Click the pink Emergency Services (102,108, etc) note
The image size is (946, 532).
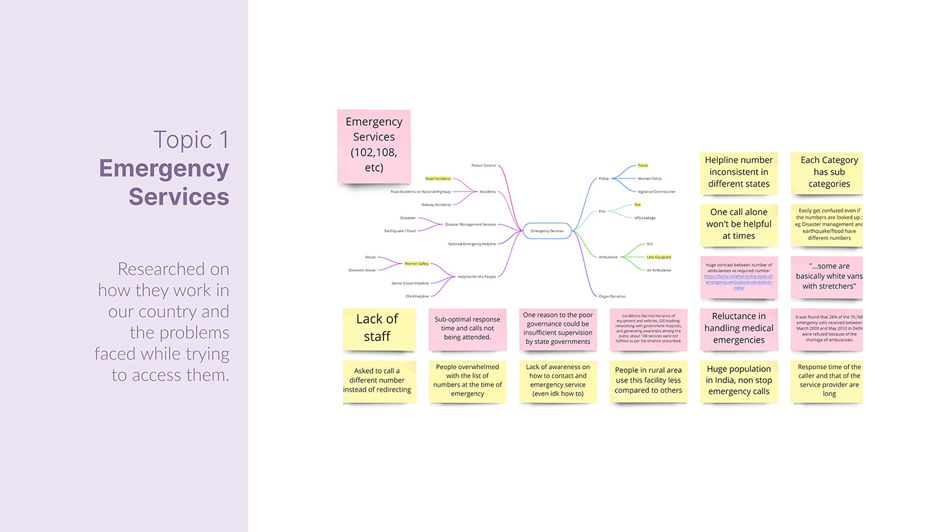(x=374, y=145)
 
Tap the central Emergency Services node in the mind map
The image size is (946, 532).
(x=547, y=231)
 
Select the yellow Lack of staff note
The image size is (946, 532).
(x=377, y=328)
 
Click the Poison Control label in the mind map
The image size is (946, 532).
(x=484, y=166)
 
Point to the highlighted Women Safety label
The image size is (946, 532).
(x=416, y=263)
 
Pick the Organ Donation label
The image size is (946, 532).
(x=612, y=296)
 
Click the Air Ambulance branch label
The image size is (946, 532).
(x=658, y=270)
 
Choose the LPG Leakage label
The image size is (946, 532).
(x=645, y=218)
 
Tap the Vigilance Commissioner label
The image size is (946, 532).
(x=656, y=192)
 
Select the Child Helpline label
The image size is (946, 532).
(x=417, y=296)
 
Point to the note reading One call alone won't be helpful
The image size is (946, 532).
(x=739, y=224)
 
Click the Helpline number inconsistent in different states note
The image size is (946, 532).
(x=739, y=172)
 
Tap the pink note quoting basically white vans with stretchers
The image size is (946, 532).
(x=829, y=276)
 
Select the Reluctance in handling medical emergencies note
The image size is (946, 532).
(x=739, y=328)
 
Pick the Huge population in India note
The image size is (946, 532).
(x=739, y=380)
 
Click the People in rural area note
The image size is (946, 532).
(x=648, y=380)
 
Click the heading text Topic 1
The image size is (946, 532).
(x=190, y=140)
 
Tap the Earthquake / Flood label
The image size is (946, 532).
(x=400, y=231)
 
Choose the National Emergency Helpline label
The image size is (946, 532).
(x=472, y=244)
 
